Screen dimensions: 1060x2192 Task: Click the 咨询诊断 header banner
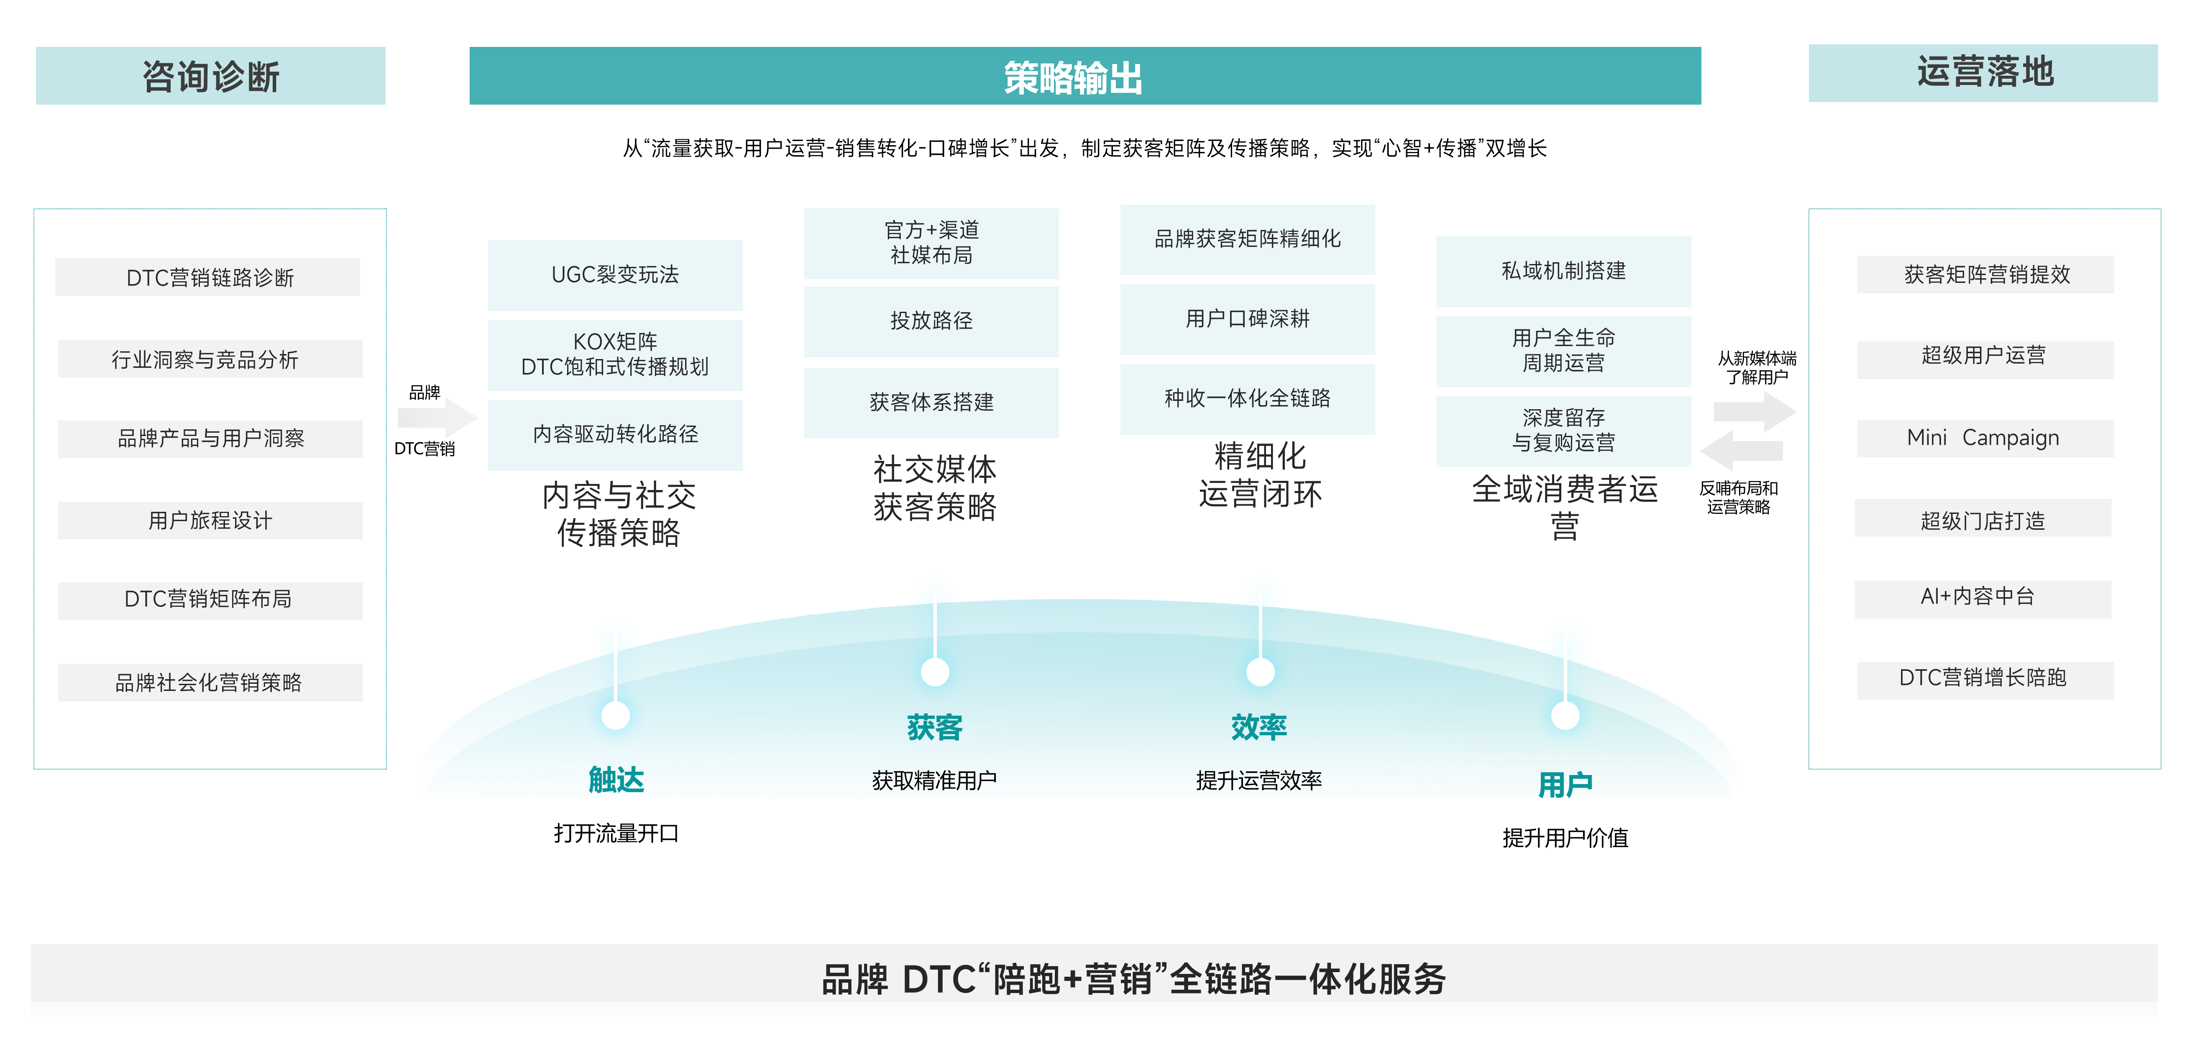pos(210,76)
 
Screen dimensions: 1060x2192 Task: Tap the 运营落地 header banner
pos(1983,73)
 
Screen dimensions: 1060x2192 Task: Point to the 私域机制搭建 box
pos(1563,271)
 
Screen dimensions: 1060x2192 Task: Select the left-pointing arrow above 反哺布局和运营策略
pos(1740,451)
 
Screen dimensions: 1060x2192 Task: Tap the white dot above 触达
pos(615,715)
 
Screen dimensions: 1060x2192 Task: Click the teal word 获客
pos(934,727)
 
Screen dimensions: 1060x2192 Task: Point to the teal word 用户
pos(1565,784)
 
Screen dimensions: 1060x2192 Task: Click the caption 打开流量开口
pos(616,833)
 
